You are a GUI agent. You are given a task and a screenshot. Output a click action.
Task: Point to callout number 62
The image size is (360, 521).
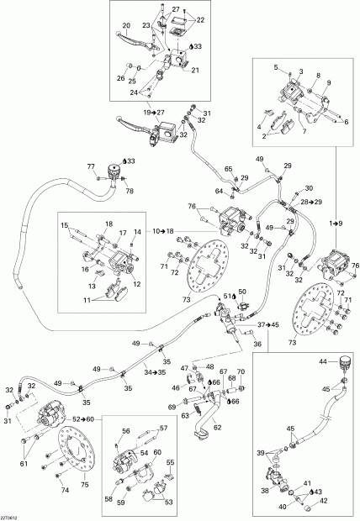(219, 426)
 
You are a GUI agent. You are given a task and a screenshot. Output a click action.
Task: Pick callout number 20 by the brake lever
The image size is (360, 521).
(126, 24)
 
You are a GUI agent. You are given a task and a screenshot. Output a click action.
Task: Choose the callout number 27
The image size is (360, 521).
(176, 8)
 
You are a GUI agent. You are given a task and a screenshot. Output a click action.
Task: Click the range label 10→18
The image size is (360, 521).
(165, 230)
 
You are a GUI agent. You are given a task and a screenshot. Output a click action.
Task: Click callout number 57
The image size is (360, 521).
(164, 428)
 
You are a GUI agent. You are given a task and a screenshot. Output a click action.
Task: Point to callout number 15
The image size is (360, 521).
(63, 226)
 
